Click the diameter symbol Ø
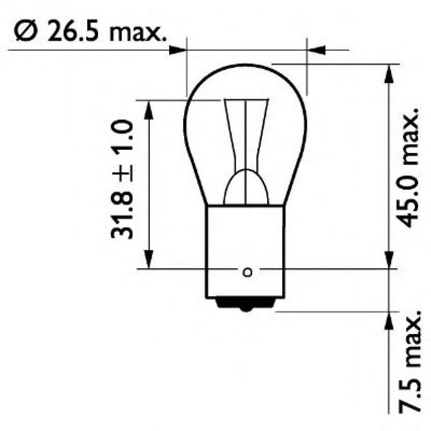click(x=25, y=33)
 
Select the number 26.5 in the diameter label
click(x=71, y=33)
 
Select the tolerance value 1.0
click(x=122, y=137)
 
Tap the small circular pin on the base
click(x=247, y=272)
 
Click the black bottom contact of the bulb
click(x=246, y=305)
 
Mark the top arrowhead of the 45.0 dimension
click(x=389, y=72)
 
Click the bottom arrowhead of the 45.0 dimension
click(x=389, y=260)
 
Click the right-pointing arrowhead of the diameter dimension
click(x=177, y=50)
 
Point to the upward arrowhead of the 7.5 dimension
click(x=389, y=320)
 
